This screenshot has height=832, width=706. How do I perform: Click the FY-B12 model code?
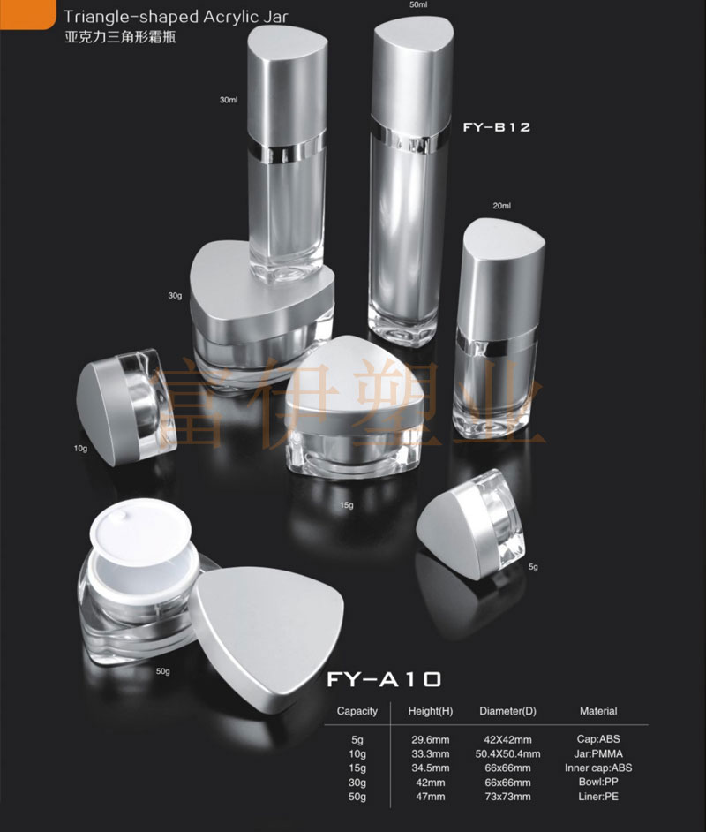[x=497, y=127]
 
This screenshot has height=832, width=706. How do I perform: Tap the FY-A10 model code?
[x=384, y=679]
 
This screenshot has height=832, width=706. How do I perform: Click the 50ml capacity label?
[x=418, y=4]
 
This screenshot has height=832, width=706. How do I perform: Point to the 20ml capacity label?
[x=501, y=206]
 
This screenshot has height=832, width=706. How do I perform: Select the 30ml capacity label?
[x=229, y=100]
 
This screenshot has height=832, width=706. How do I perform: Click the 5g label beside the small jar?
[x=533, y=567]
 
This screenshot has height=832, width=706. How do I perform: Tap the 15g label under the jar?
[x=347, y=505]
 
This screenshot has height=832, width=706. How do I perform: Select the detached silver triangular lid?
[x=267, y=632]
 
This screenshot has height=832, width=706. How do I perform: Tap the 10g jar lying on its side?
[x=125, y=406]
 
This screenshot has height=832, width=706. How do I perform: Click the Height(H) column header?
[x=431, y=711]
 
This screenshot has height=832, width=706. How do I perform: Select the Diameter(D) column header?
[x=507, y=711]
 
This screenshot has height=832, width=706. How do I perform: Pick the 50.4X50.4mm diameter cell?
[x=507, y=754]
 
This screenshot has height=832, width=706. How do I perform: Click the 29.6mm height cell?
[x=431, y=739]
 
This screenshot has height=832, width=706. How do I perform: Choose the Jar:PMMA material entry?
[x=598, y=753]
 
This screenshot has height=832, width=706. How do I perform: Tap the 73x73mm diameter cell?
[x=507, y=797]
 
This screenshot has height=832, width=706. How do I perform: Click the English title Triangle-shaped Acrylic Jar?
[x=176, y=17]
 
